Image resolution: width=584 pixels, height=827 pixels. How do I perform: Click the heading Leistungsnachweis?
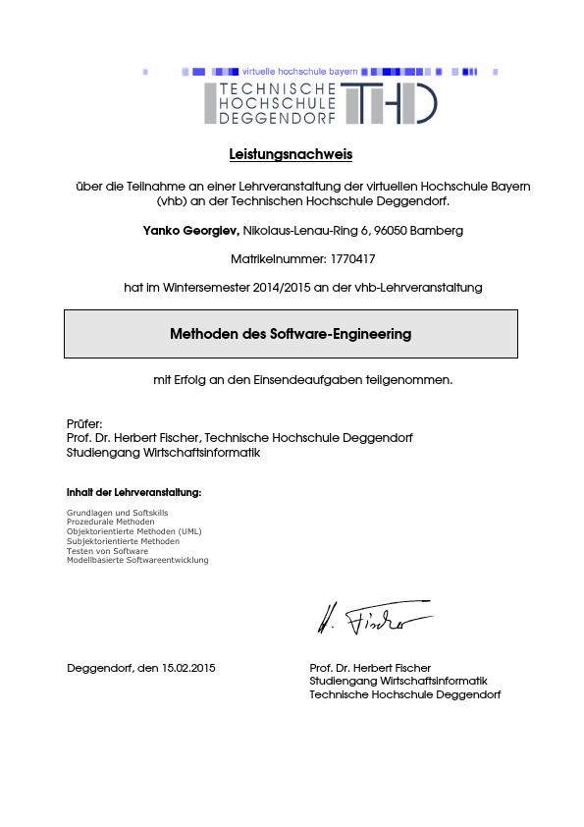[291, 154]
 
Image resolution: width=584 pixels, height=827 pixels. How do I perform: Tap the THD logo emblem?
[391, 103]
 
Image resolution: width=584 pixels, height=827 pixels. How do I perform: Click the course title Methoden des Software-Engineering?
[291, 334]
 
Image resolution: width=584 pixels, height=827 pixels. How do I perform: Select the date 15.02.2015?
[187, 668]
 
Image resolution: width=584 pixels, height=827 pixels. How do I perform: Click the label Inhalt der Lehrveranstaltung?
[133, 491]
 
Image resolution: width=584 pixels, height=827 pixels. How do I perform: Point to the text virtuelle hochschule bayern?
[299, 72]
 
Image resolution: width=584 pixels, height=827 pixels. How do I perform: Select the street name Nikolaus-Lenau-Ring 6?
[298, 231]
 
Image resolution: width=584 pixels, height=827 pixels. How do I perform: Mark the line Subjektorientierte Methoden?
[123, 541]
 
